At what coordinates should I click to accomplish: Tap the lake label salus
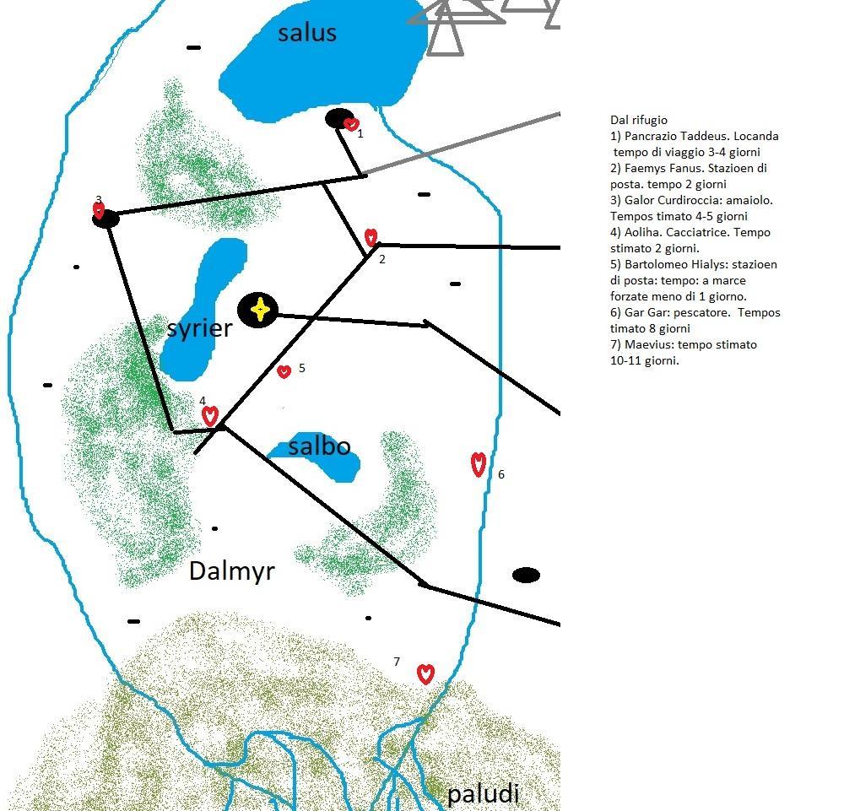[307, 33]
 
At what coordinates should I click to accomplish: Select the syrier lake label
[200, 328]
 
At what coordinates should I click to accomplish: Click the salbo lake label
[319, 446]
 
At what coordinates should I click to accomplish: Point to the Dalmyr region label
[232, 571]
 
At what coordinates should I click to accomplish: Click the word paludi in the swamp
[484, 794]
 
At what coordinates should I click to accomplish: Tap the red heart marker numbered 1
[351, 124]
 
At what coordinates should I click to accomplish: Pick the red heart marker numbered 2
[371, 237]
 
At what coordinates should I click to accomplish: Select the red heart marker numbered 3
[99, 210]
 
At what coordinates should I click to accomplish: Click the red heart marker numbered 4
[210, 416]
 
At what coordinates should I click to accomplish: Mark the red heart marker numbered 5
[284, 371]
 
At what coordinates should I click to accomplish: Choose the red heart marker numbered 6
[478, 464]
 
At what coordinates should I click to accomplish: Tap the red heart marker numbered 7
[425, 673]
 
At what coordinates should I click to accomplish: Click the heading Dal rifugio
[638, 120]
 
